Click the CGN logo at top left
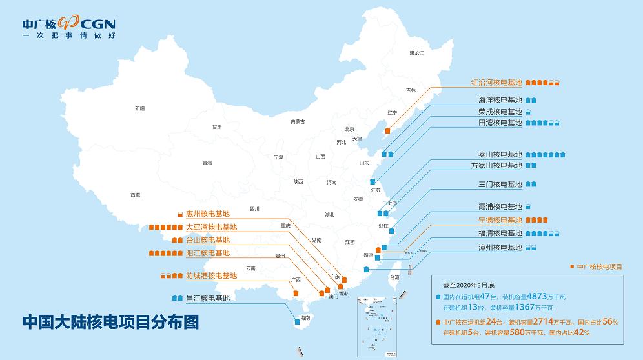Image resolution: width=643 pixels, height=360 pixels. click(x=68, y=28)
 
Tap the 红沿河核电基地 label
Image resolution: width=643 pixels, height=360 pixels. click(x=496, y=83)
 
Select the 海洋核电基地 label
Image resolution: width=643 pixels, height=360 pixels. click(x=500, y=100)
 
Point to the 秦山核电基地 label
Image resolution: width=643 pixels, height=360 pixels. click(x=496, y=155)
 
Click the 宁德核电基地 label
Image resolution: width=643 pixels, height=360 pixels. click(x=500, y=220)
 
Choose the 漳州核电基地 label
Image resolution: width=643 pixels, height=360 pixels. click(x=500, y=247)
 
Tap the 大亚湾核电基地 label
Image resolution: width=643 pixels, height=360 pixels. click(x=211, y=227)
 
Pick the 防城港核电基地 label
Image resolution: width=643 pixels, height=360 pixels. click(x=211, y=275)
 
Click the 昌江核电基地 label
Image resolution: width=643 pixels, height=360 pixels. click(x=208, y=298)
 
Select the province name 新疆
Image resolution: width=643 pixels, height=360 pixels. click(x=140, y=108)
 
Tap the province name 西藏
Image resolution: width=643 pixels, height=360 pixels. click(x=135, y=194)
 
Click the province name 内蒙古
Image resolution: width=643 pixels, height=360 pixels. click(x=298, y=121)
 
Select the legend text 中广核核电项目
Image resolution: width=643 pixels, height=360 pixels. click(x=600, y=266)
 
